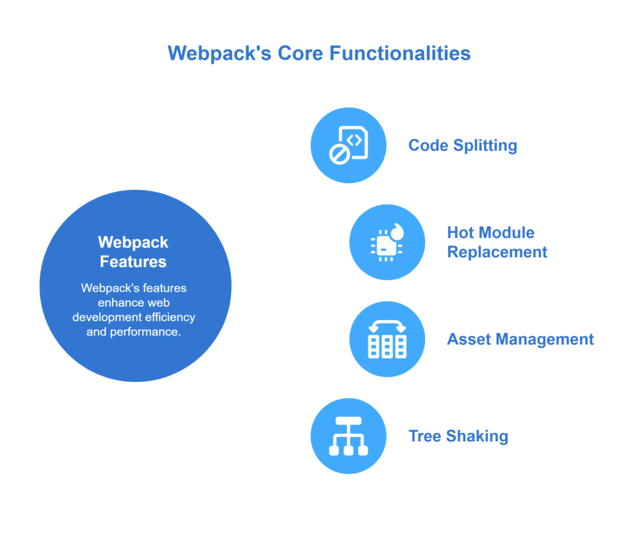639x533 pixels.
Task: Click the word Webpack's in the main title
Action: tap(219, 53)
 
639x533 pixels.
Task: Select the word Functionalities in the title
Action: tap(400, 53)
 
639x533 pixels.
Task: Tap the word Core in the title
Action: tap(300, 53)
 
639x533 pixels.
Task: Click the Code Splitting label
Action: tap(462, 146)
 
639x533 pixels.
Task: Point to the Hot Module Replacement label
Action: tap(497, 242)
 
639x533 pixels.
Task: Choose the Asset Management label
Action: tap(520, 339)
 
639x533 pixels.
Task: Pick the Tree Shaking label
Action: tap(458, 436)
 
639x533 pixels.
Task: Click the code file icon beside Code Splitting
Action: tap(349, 146)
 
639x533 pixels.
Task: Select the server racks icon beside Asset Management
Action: tap(387, 339)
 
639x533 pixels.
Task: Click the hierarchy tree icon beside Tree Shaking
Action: tap(348, 436)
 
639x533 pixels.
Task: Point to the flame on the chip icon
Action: tap(397, 231)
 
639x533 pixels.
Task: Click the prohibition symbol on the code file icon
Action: tap(339, 155)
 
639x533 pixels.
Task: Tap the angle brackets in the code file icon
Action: tap(354, 141)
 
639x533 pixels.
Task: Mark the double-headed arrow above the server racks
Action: tap(387, 326)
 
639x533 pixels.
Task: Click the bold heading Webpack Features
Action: tap(134, 252)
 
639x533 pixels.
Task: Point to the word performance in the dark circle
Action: tap(145, 332)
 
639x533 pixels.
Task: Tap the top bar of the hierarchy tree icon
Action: tap(348, 421)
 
